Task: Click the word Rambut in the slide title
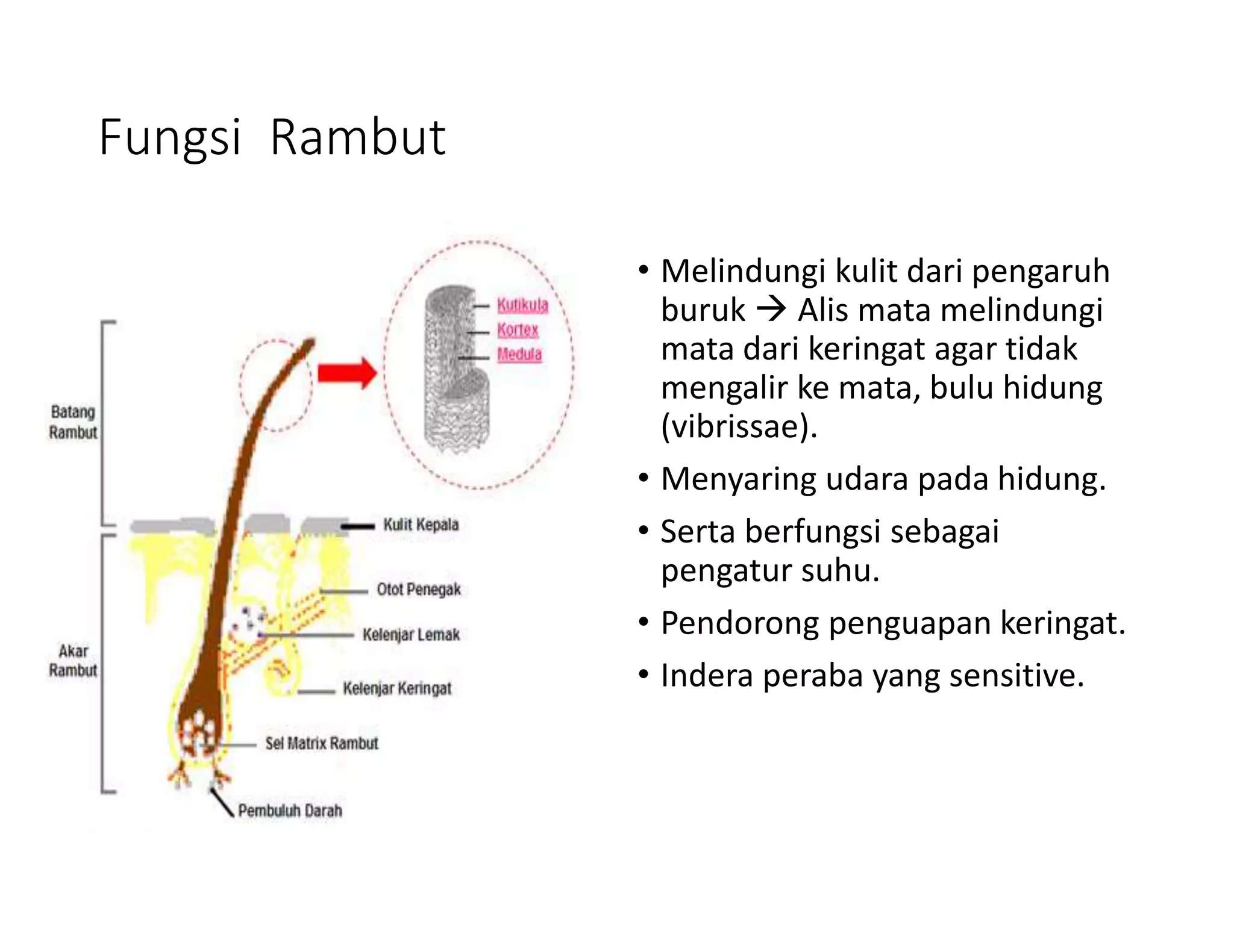(357, 138)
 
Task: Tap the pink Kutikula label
(522, 305)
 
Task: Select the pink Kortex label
(518, 330)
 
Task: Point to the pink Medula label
(519, 354)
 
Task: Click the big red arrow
(348, 373)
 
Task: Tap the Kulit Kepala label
(421, 525)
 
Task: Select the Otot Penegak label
(419, 590)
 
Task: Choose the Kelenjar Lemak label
(411, 635)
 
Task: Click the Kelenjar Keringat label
(397, 688)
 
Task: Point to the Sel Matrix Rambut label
(322, 744)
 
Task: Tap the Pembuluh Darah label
(290, 811)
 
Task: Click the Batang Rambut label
(73, 422)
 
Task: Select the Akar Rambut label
(73, 661)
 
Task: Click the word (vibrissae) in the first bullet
(739, 426)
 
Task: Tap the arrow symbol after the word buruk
(771, 310)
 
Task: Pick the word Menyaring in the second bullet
(738, 479)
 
